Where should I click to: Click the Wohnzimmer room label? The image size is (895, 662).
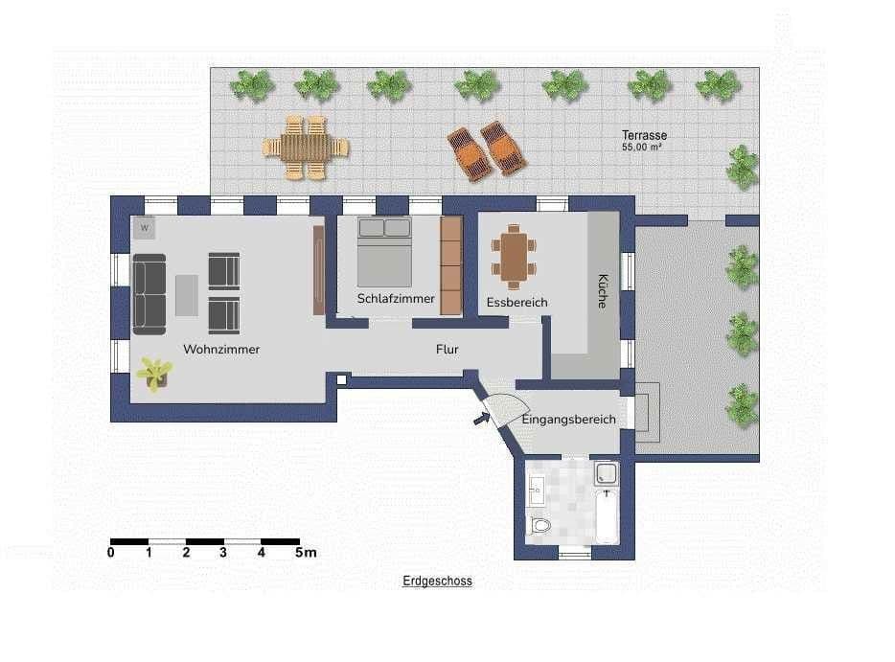[220, 350]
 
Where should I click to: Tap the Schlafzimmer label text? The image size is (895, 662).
[396, 299]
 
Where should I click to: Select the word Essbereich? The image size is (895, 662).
[516, 303]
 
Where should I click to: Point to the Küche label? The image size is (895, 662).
[602, 290]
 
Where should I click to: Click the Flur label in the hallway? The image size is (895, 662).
[447, 350]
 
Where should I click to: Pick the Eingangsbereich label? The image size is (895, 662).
[568, 420]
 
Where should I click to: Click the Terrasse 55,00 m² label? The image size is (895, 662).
[644, 141]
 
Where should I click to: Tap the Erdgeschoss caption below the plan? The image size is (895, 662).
[437, 582]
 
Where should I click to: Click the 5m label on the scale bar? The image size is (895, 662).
[306, 553]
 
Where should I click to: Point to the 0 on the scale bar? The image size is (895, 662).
[111, 553]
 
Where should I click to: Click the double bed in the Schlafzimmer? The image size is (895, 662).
[384, 252]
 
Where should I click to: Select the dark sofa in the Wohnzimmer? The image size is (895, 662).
[149, 294]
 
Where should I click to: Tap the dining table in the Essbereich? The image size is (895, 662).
[516, 256]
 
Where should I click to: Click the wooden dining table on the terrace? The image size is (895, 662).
[306, 147]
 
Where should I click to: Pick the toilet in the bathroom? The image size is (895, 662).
[540, 524]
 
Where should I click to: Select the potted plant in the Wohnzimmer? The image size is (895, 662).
[153, 372]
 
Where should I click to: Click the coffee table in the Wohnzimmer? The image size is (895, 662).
[187, 294]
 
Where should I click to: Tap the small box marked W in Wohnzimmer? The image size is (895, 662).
[145, 228]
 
